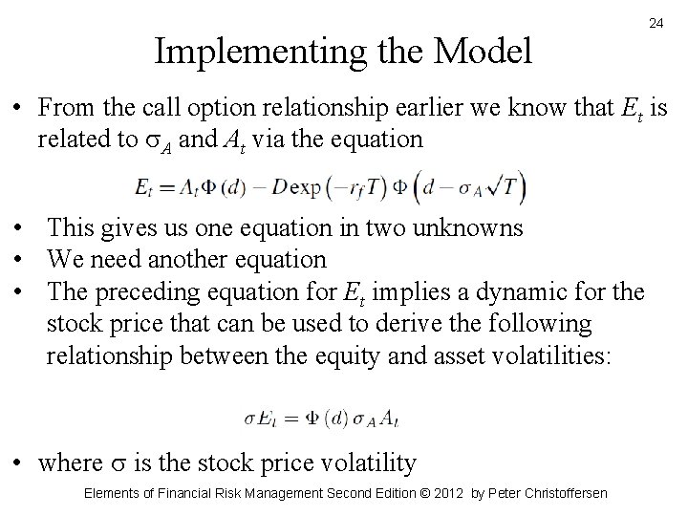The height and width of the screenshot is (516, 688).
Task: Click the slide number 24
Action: [x=656, y=22]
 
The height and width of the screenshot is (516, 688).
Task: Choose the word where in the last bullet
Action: [x=70, y=463]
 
